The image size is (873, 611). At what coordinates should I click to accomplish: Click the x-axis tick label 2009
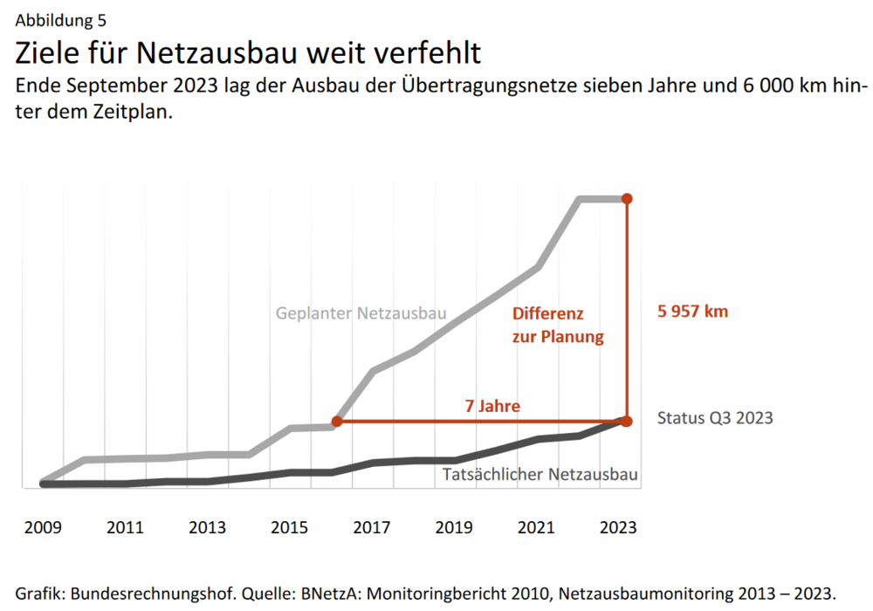coord(42,528)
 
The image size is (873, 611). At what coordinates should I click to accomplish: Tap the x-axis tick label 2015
coord(290,528)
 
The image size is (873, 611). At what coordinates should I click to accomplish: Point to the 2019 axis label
coord(455,528)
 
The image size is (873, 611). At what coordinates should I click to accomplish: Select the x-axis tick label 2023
coord(620,528)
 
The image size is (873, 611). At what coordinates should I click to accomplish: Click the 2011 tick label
coord(125,528)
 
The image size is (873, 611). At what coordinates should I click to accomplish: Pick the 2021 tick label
coord(537,528)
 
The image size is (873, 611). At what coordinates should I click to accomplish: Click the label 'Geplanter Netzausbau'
coord(361,312)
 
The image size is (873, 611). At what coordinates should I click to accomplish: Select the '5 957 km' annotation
coord(692,312)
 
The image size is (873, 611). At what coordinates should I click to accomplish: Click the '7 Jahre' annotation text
coord(492,406)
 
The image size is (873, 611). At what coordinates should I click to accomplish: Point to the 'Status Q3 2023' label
coord(715,418)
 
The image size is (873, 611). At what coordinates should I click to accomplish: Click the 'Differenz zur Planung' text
coord(558,325)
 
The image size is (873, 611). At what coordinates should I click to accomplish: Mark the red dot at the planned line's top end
coord(626,199)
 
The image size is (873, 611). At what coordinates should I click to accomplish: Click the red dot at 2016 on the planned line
coord(337,422)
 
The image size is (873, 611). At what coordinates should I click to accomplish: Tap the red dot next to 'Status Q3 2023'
coord(626,421)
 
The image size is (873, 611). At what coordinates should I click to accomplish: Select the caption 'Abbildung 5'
coord(61,20)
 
